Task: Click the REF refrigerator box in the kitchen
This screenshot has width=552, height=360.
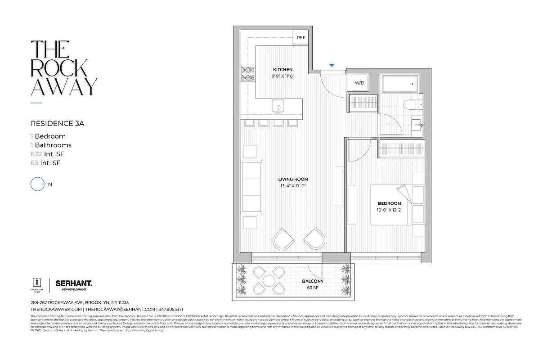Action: tap(301, 38)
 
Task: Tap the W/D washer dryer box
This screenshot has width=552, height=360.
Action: tap(359, 83)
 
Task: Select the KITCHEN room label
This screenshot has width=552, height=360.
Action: tap(283, 70)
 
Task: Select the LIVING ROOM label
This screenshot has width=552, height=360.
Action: tap(293, 179)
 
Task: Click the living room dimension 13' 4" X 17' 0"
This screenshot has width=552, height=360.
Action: tap(293, 186)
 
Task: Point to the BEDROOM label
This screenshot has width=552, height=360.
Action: tap(389, 203)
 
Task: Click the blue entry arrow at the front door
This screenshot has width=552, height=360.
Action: tap(332, 66)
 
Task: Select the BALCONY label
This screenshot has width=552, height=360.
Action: tap(313, 281)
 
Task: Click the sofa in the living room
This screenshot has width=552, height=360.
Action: tap(251, 187)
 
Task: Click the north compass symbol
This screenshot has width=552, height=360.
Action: tap(36, 184)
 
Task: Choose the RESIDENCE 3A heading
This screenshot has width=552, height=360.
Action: tap(53, 122)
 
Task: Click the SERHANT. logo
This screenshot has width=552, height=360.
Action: tap(74, 283)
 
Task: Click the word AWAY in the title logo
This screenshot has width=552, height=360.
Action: tap(63, 87)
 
